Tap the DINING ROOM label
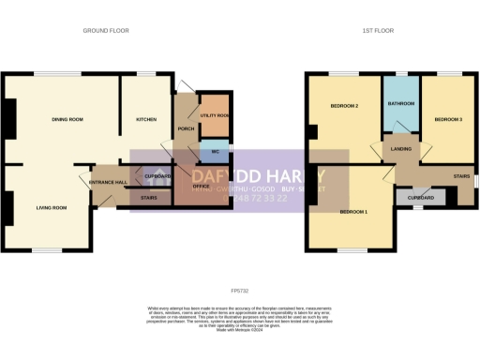[67, 119]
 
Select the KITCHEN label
[146, 119]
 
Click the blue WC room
[214, 151]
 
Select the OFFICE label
[202, 187]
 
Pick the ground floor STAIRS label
[149, 198]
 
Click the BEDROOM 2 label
[345, 106]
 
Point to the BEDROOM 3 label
[448, 119]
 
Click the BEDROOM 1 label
[352, 212]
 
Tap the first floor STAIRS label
[460, 174]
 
